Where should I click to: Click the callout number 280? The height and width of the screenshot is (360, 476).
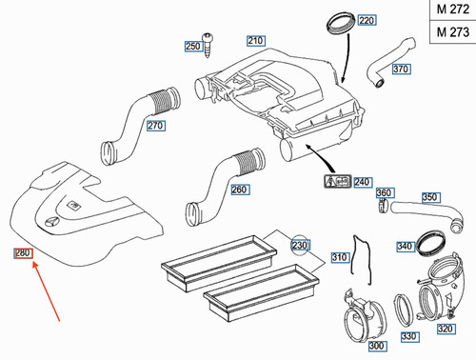pos(22,252)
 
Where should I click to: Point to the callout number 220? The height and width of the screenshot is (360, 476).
pos(367,20)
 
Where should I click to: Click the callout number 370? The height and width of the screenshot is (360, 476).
pos(401,69)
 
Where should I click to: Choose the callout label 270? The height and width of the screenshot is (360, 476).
pos(156,125)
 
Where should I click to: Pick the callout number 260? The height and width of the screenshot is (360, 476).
pos(240,189)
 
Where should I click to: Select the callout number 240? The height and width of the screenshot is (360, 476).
pos(361,182)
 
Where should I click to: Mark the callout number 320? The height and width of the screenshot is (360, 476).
pos(446,329)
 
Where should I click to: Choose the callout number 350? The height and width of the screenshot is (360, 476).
pos(429,198)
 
